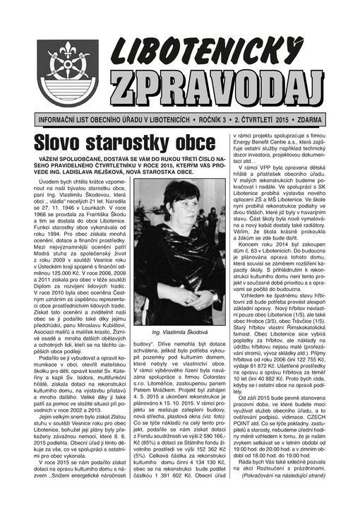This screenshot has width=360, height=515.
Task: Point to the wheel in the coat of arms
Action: [68, 75]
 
